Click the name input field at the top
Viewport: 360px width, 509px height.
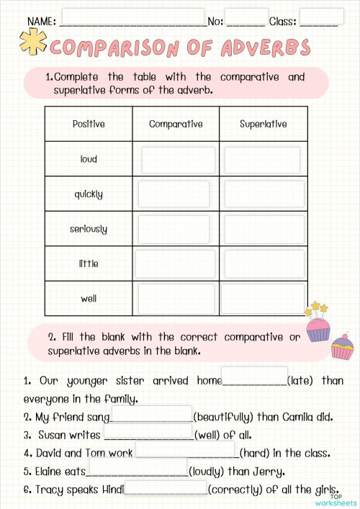pyautogui.click(x=133, y=17)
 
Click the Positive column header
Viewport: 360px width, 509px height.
pyautogui.click(x=89, y=124)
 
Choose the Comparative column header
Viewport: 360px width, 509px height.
pyautogui.click(x=176, y=124)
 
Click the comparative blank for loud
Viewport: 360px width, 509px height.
pyautogui.click(x=178, y=160)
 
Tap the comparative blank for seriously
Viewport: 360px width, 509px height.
pyautogui.click(x=174, y=229)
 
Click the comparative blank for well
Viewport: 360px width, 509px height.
pyautogui.click(x=176, y=298)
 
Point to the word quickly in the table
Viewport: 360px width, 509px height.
pyautogui.click(x=89, y=194)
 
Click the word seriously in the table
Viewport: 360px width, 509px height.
pyautogui.click(x=89, y=229)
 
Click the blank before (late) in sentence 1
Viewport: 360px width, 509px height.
pyautogui.click(x=253, y=377)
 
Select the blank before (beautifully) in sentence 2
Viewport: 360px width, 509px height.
pyautogui.click(x=151, y=415)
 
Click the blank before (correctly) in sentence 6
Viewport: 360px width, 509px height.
pyautogui.click(x=166, y=488)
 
